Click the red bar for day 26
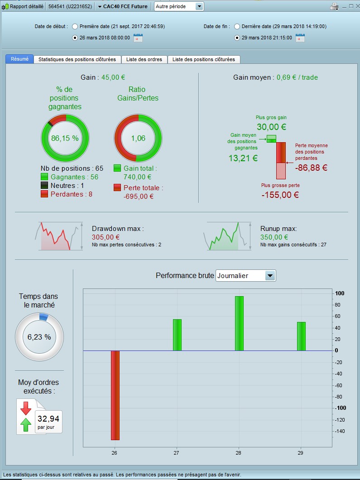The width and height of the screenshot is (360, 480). [115, 395]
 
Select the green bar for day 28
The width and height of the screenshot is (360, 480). [239, 323]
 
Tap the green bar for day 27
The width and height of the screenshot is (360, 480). [177, 335]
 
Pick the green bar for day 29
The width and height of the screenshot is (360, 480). [301, 336]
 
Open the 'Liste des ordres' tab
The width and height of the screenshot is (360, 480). [144, 59]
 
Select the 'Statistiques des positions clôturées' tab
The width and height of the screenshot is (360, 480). [77, 59]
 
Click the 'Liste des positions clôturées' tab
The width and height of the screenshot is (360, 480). [204, 59]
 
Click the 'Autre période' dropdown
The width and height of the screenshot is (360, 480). [179, 6]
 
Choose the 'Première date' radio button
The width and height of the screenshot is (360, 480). [75, 26]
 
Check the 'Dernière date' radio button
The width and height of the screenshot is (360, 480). [237, 26]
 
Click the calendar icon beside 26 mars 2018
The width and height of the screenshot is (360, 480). [138, 38]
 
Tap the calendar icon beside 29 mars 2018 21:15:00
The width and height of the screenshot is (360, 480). [300, 38]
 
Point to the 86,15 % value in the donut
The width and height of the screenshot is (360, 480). [65, 138]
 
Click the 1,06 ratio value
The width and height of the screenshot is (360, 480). [138, 138]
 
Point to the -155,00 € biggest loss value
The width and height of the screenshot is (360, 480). [280, 195]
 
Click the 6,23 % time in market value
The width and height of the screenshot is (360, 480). [39, 337]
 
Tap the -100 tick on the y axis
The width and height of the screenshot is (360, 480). [340, 408]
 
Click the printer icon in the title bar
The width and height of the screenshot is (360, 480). [335, 6]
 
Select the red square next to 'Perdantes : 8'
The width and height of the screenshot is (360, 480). [44, 194]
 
